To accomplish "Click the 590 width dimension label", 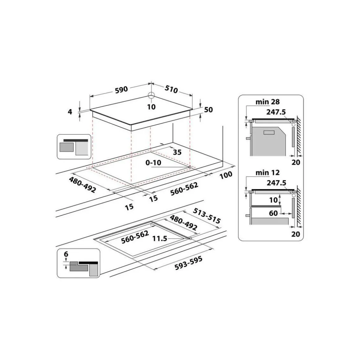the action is [x=121, y=89].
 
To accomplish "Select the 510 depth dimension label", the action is [x=171, y=89].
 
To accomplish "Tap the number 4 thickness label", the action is [x=70, y=112].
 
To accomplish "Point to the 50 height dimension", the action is [x=209, y=110].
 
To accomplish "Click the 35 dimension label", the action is [x=177, y=152].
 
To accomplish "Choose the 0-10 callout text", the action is [x=153, y=163].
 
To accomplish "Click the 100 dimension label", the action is [x=226, y=175].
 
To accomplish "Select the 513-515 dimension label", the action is [x=206, y=216].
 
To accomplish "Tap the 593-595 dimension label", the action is [x=188, y=263].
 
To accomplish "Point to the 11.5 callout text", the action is [x=160, y=239].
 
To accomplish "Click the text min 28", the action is [x=268, y=102].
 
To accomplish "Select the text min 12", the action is [x=268, y=173].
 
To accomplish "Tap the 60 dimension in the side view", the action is [x=273, y=213].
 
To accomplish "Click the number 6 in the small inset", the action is [x=66, y=254].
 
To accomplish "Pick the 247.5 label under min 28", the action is [x=276, y=112].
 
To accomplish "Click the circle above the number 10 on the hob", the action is [x=151, y=95].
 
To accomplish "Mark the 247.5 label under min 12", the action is [x=276, y=183].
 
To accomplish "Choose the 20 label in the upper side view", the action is [x=296, y=162].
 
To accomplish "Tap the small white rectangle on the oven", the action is [x=269, y=133].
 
